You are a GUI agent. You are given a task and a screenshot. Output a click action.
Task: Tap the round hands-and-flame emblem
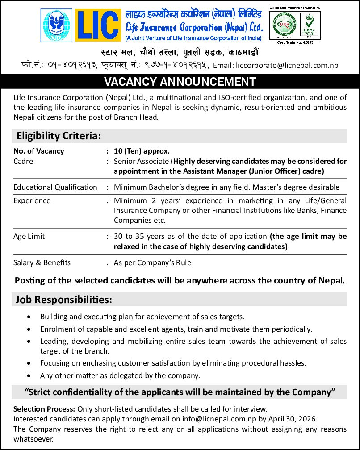56,25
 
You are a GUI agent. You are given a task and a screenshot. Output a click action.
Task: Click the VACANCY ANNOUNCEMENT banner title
180,82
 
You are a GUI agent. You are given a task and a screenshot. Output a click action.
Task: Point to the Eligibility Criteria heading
59,136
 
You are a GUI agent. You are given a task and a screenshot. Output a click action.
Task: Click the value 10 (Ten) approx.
142,151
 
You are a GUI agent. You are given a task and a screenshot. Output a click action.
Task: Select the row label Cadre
23,161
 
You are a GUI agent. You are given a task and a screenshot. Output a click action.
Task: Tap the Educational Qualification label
55,187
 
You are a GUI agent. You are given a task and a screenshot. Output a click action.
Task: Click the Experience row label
32,200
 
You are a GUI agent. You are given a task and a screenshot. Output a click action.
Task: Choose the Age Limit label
29,236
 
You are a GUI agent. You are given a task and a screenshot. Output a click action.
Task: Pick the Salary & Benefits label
42,262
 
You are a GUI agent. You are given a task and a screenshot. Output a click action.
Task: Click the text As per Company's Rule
152,262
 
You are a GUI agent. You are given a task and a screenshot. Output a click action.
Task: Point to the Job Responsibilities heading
64,299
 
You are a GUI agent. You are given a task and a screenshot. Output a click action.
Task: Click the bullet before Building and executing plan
29,317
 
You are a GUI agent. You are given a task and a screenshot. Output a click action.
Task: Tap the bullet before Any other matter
29,376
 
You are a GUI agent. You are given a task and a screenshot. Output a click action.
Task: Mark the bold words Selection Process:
45,408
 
